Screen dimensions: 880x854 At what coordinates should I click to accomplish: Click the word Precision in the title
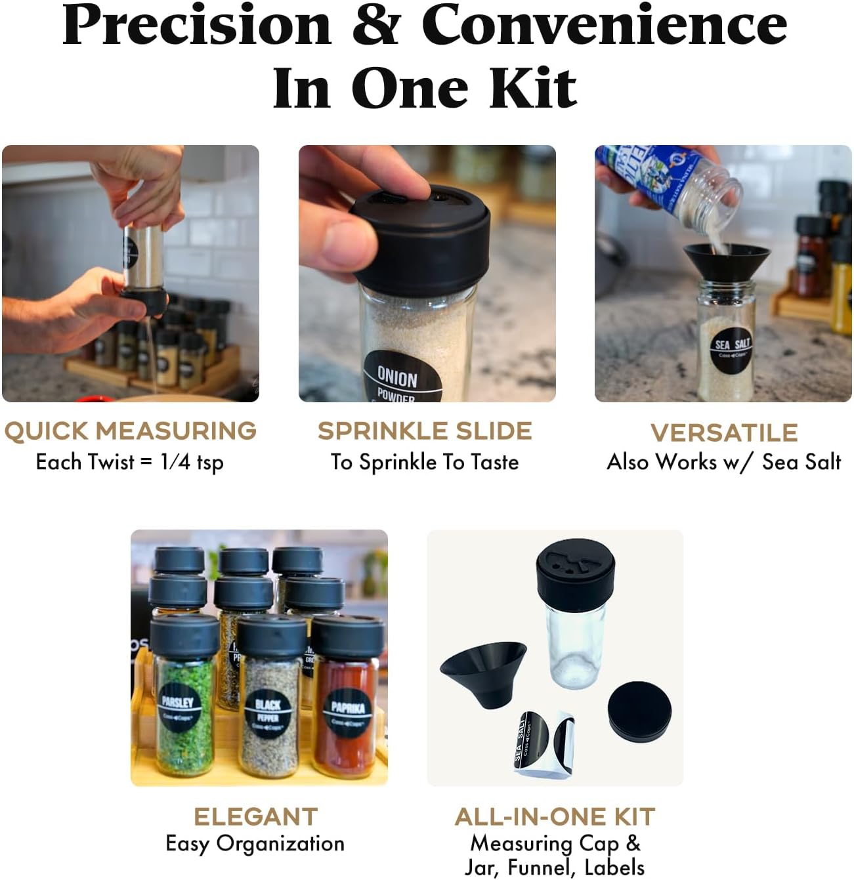197,26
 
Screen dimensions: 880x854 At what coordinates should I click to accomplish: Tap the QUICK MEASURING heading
130,431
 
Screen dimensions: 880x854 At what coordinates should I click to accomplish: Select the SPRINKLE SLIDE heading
425,431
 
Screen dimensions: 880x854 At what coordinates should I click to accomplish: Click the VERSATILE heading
724,433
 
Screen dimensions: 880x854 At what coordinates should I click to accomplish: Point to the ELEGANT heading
255,817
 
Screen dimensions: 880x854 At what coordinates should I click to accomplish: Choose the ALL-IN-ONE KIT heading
555,817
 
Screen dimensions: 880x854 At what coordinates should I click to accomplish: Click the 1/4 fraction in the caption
175,462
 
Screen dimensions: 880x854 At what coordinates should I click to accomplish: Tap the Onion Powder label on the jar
399,381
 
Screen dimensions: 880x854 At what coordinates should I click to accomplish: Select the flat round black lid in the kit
639,712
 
